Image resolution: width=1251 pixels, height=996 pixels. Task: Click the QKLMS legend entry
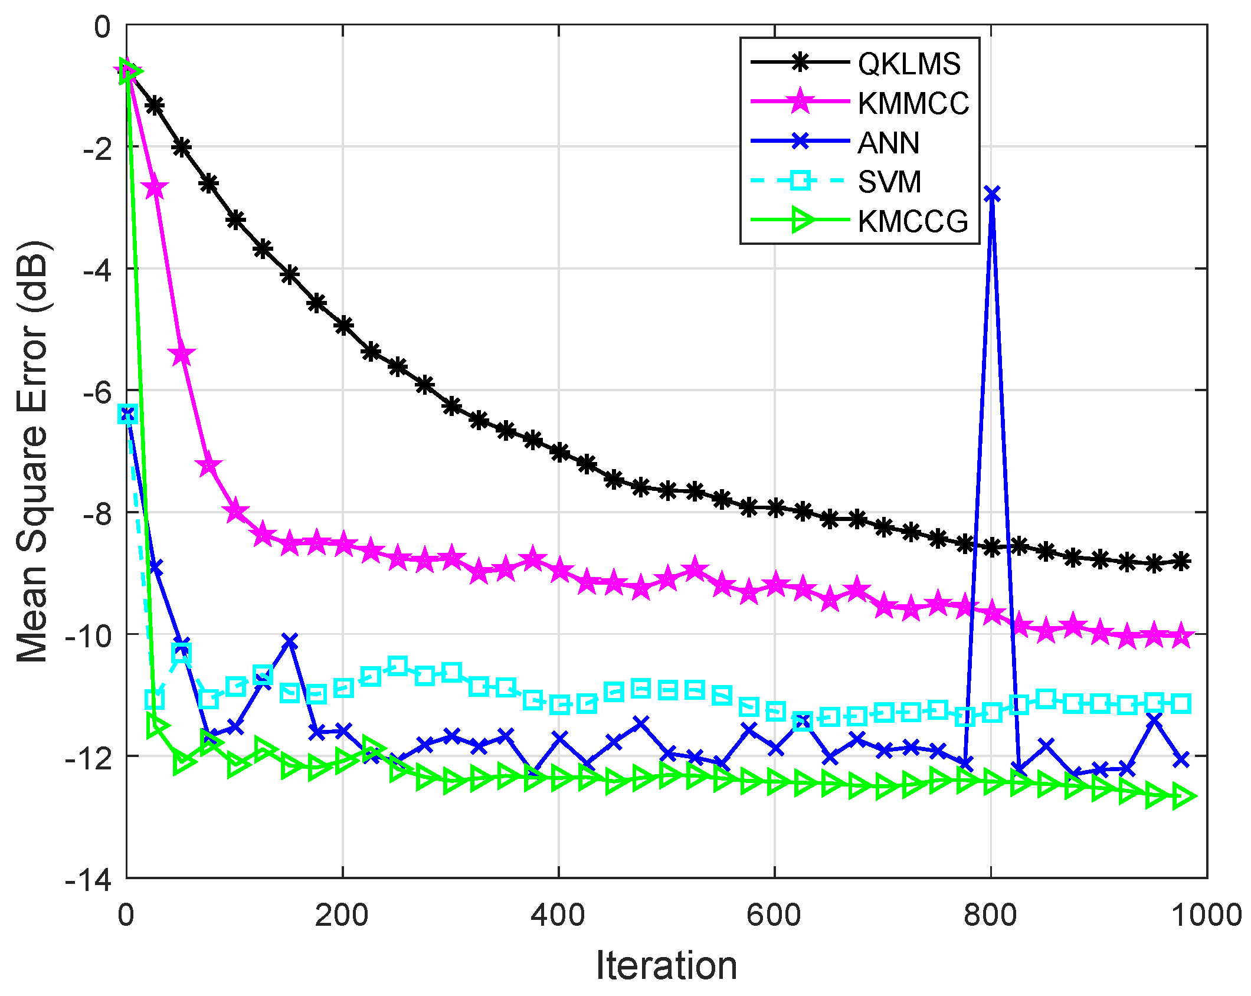point(909,64)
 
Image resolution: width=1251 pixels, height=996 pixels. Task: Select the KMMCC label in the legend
point(913,103)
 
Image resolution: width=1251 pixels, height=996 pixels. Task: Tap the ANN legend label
point(888,143)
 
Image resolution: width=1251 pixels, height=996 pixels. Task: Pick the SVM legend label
point(889,182)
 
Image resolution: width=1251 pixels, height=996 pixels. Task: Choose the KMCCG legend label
point(913,221)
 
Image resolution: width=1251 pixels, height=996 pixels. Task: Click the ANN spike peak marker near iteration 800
point(992,194)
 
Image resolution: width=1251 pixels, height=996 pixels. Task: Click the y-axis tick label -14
point(89,880)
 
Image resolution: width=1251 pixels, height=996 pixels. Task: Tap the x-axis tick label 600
point(774,915)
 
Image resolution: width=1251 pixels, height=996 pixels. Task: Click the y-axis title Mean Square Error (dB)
point(32,451)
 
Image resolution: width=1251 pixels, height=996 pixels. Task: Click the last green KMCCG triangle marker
point(1183,797)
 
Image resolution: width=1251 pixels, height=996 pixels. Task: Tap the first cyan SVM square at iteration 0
point(127,414)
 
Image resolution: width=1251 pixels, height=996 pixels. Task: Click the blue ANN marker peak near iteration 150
point(289,641)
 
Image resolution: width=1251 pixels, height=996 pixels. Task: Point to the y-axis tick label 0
point(102,27)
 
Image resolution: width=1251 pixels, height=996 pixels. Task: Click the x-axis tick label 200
point(342,915)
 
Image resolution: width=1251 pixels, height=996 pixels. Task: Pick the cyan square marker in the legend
point(800,180)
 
